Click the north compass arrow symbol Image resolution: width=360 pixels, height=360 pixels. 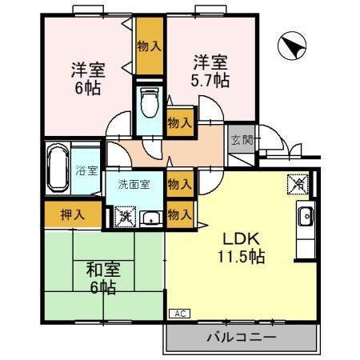coord(290,47)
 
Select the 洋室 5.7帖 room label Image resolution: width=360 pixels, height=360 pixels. coord(210,70)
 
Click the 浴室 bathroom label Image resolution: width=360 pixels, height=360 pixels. coord(86,170)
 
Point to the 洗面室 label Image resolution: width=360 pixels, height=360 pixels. coord(134,184)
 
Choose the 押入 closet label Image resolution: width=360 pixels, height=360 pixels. coord(72,214)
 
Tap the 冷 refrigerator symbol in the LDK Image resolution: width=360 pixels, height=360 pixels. coord(295,183)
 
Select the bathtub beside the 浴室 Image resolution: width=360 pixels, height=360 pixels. coord(56,169)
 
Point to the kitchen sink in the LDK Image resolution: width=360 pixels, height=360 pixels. coord(306,216)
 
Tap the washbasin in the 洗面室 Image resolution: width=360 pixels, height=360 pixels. coord(150,217)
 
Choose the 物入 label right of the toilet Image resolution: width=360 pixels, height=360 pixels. coord(179,122)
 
